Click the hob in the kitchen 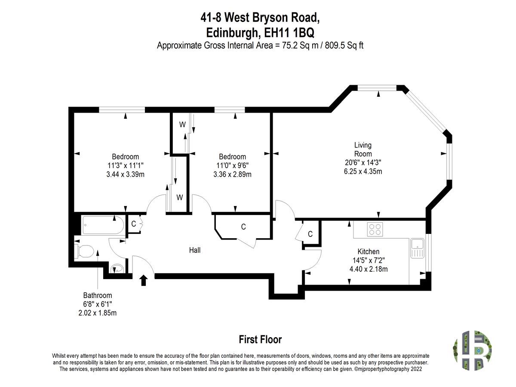(x=375, y=229)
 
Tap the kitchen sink (x=417, y=249)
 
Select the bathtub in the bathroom (x=103, y=225)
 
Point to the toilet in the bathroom (x=85, y=251)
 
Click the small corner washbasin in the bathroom (x=117, y=269)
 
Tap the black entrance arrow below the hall (x=143, y=280)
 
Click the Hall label (x=195, y=250)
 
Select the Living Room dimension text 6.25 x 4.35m (x=363, y=171)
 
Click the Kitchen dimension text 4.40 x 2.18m (x=369, y=269)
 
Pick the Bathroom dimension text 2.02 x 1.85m (x=97, y=313)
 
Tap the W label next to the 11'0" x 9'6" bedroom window (x=182, y=125)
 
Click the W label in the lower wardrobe (x=180, y=197)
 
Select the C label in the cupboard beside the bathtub (x=134, y=224)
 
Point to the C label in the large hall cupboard (x=243, y=227)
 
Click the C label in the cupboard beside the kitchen (x=310, y=234)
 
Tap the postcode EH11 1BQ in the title (x=289, y=33)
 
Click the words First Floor (x=260, y=340)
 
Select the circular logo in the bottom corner (x=472, y=350)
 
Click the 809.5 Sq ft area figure (x=344, y=45)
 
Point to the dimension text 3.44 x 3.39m (x=125, y=174)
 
